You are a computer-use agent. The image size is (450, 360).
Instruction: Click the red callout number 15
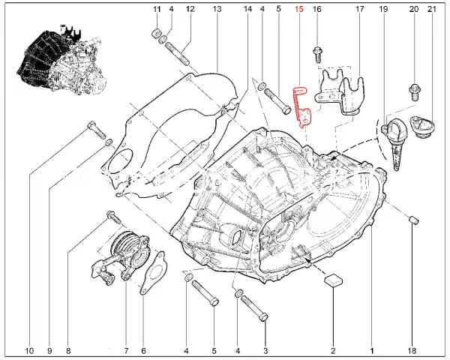coord(298,9)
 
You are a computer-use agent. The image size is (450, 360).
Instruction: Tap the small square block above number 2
coord(334,280)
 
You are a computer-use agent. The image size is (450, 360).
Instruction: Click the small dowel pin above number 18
coord(413,220)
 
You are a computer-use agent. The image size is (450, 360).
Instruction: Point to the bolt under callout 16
coord(318,55)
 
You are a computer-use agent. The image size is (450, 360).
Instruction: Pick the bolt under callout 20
coord(415,91)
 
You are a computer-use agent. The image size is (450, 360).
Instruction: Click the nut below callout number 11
coord(155,33)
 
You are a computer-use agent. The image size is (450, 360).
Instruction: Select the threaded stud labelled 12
coord(178,54)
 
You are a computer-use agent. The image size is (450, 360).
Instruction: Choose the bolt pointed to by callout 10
coord(96,130)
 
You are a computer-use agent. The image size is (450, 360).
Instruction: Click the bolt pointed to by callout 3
coord(255,308)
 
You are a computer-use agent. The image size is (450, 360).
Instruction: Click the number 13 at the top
coord(217,9)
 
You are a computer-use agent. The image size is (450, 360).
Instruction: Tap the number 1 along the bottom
coord(372,351)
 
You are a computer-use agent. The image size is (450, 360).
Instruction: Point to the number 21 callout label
coord(432,9)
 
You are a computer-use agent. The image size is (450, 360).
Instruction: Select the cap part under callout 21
coord(423,127)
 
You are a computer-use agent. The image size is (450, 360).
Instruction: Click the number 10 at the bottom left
coord(29,351)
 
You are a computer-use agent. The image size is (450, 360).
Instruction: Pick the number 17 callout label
coord(359,9)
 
